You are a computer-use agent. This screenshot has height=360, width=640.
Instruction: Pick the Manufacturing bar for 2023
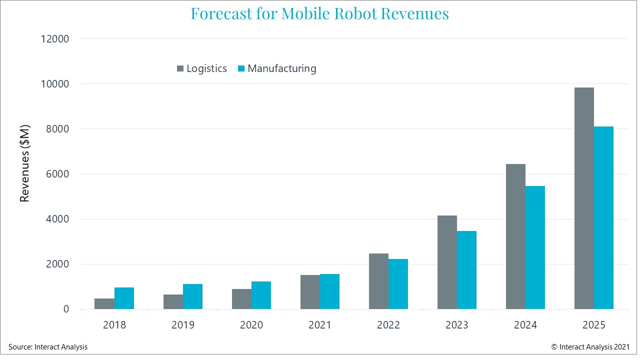[466, 270]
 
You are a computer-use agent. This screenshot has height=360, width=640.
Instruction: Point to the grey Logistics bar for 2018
[104, 304]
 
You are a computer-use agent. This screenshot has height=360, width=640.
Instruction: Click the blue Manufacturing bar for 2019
[192, 296]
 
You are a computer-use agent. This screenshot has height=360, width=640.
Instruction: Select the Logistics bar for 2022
[378, 281]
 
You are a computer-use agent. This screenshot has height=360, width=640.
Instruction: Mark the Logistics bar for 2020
[241, 299]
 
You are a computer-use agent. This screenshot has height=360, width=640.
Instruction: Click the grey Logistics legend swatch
[180, 68]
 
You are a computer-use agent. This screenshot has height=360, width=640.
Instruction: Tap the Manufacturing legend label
[282, 68]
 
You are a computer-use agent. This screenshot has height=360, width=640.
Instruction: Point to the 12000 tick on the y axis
[54, 39]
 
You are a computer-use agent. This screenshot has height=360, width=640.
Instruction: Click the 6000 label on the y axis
[57, 174]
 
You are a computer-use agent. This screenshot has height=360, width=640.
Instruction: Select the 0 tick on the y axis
[65, 309]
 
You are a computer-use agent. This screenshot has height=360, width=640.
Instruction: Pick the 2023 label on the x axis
[457, 325]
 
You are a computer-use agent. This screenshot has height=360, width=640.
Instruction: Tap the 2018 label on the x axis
[114, 325]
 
